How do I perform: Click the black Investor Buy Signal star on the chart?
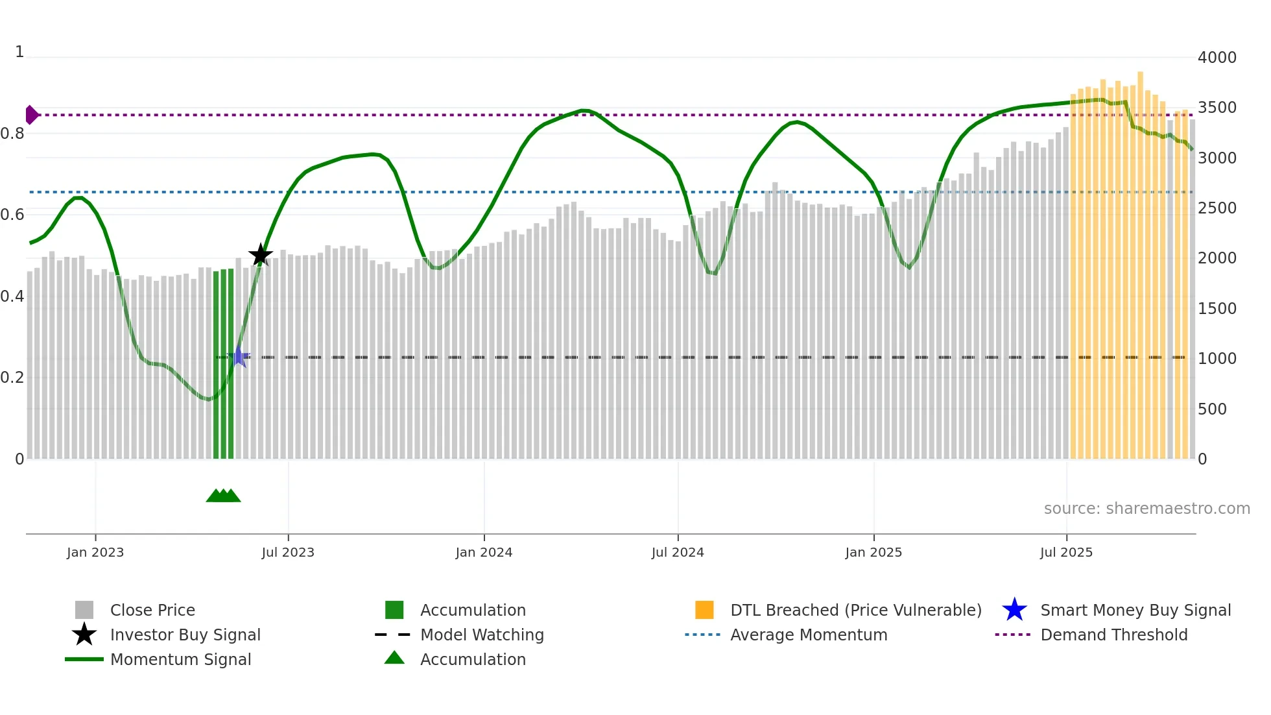pyautogui.click(x=261, y=255)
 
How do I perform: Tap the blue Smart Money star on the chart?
pyautogui.click(x=239, y=356)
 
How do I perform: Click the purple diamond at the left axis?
pyautogui.click(x=31, y=115)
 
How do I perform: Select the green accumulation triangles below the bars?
pyautogui.click(x=223, y=496)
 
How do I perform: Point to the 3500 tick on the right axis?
pyautogui.click(x=1217, y=108)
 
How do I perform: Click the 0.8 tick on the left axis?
pyautogui.click(x=12, y=134)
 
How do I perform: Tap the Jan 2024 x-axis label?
pyautogui.click(x=484, y=552)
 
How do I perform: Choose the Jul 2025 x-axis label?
pyautogui.click(x=1066, y=552)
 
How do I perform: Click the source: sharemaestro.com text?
pyautogui.click(x=1146, y=509)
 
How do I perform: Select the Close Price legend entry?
pyautogui.click(x=152, y=610)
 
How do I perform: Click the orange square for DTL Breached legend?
pyautogui.click(x=704, y=610)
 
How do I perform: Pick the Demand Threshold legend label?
pyautogui.click(x=1113, y=635)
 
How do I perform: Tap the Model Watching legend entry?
pyautogui.click(x=482, y=635)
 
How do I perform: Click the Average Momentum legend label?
pyautogui.click(x=809, y=635)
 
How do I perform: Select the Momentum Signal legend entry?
pyautogui.click(x=180, y=659)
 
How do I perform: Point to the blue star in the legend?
pyautogui.click(x=1014, y=610)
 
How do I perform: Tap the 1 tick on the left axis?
pyautogui.click(x=19, y=52)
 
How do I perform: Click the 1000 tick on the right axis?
pyautogui.click(x=1217, y=359)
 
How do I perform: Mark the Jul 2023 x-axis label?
pyautogui.click(x=288, y=552)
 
